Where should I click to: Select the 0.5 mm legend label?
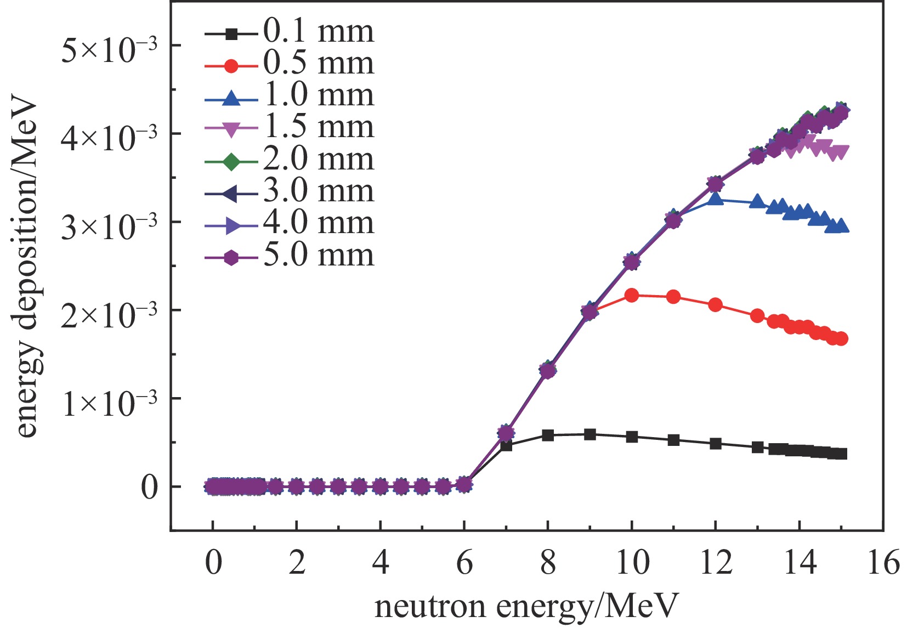click(318, 64)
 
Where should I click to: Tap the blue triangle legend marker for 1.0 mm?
click(231, 99)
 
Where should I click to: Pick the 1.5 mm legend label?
click(318, 127)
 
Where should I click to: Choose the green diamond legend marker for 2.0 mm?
click(231, 162)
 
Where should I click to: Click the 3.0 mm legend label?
click(318, 191)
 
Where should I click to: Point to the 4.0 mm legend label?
click(318, 223)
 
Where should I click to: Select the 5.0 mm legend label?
click(318, 255)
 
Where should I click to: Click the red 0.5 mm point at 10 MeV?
click(632, 296)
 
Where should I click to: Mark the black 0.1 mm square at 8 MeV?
click(548, 435)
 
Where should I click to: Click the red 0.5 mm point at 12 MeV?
click(715, 305)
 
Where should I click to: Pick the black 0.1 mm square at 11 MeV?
click(673, 440)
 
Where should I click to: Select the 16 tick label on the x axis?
click(883, 563)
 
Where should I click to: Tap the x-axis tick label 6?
click(464, 563)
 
